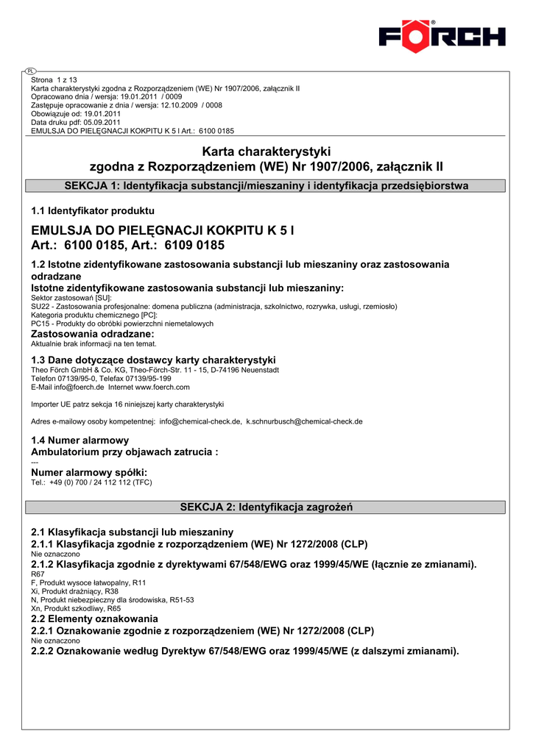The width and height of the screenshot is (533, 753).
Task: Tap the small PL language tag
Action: (30, 71)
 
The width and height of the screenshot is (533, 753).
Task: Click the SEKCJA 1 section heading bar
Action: (266, 186)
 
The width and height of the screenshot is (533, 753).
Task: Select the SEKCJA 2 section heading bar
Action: (266, 507)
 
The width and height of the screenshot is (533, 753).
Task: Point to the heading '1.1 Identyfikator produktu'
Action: (93, 211)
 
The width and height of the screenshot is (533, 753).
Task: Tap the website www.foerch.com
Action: (162, 387)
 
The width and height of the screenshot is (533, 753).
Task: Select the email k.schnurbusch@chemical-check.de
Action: (304, 421)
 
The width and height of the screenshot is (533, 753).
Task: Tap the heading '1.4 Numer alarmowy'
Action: (80, 440)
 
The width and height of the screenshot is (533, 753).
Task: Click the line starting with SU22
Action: (213, 306)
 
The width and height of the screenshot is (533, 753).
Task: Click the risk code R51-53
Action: (180, 599)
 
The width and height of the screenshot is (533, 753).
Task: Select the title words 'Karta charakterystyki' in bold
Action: (266, 151)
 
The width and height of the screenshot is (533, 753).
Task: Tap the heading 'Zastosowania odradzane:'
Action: (93, 334)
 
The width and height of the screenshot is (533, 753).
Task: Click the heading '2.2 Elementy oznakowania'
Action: (94, 618)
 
